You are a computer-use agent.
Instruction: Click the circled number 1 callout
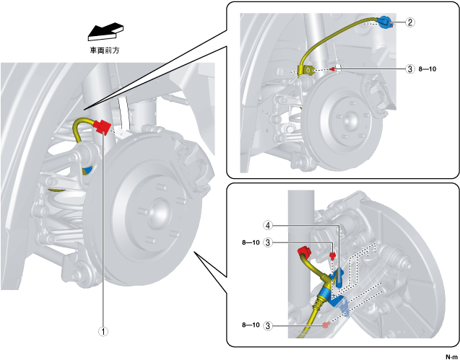(x=104, y=332)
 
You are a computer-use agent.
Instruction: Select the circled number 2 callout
(x=410, y=22)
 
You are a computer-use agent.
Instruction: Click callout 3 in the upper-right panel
(x=410, y=69)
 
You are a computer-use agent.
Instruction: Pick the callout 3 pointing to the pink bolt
(x=269, y=325)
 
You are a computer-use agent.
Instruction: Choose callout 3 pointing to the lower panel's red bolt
(x=269, y=242)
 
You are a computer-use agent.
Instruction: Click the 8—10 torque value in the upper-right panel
(x=428, y=69)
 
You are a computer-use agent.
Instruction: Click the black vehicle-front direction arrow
(x=105, y=31)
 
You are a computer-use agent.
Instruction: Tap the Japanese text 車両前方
(x=105, y=51)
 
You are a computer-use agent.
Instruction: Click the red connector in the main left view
(x=102, y=127)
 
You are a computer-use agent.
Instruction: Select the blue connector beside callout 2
(x=384, y=22)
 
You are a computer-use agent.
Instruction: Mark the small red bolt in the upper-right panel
(x=333, y=69)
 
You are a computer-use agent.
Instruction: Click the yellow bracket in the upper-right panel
(x=307, y=70)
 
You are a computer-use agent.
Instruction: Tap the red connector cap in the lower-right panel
(x=304, y=253)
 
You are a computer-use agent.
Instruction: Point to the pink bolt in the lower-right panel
(x=327, y=325)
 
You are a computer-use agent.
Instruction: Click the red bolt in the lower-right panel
(x=333, y=255)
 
